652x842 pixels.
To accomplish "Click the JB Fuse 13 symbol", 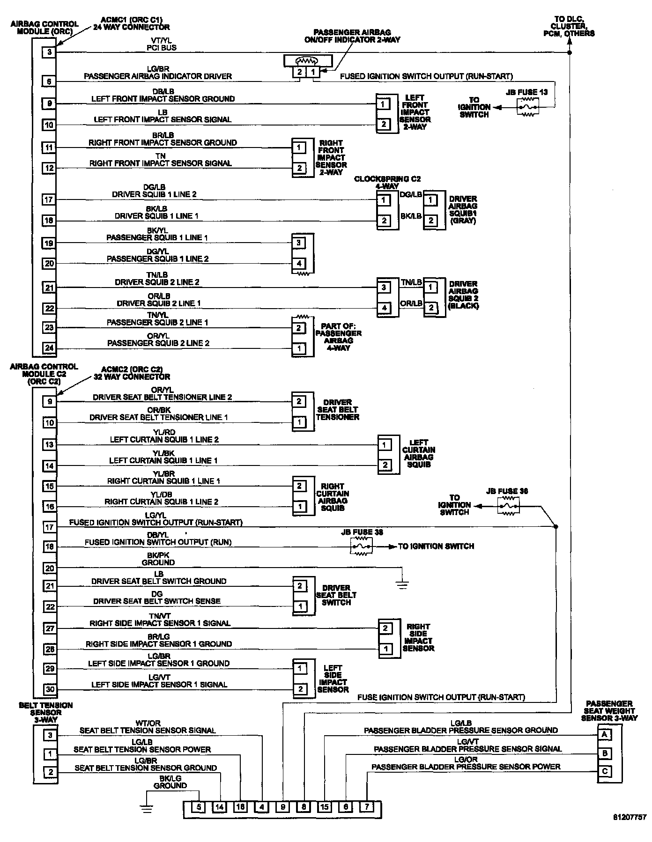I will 527,107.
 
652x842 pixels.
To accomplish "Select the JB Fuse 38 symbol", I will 361,546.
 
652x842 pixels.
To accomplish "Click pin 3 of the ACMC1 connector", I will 50,52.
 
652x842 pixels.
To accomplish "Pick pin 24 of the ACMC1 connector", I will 49,348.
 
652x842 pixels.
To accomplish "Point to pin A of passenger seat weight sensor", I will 605,734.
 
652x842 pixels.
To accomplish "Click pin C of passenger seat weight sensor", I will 605,771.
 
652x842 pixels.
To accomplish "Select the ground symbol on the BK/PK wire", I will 402,583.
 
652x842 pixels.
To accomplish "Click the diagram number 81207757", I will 630,817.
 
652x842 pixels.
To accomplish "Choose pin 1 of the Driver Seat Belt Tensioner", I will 299,422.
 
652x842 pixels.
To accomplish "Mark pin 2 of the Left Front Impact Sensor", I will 384,124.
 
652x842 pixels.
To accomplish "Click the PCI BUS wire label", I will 162,48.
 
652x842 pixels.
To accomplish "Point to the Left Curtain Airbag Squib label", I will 418,453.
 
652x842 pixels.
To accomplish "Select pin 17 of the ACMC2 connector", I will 49,527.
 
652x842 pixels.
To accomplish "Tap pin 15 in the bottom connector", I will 325,807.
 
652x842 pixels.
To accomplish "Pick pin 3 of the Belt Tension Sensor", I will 50,735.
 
